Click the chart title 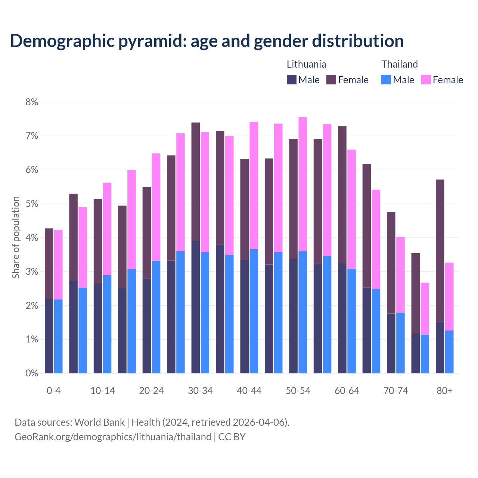pos(207,41)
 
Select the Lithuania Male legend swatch pos(292,80)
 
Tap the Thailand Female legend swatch pos(426,80)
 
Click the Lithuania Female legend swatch pos(331,80)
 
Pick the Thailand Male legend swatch pos(386,80)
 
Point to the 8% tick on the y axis pos(32,102)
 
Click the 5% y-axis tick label pos(32,204)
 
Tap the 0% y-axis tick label pos(32,373)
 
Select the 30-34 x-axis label pos(200,391)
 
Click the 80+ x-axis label pos(444,391)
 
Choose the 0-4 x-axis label pos(53,391)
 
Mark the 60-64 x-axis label pos(347,391)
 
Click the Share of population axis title pos(16,238)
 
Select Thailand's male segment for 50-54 pos(303,312)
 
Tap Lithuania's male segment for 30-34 pos(196,307)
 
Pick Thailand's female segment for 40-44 pos(254,185)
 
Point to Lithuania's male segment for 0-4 pos(49,336)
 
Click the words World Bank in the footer pos(99,422)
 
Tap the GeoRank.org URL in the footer pos(113,437)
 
